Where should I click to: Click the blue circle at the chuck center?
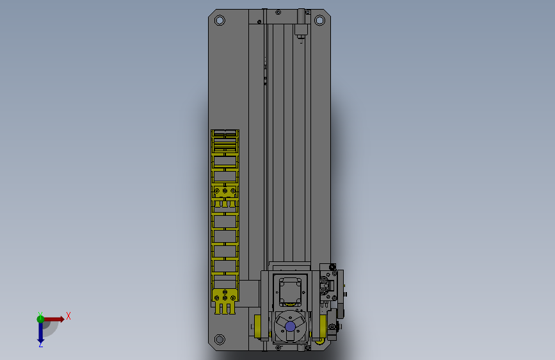(x=290, y=326)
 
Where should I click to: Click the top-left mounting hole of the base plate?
(x=220, y=20)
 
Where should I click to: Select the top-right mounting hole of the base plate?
(x=319, y=20)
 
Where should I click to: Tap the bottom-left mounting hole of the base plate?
(x=220, y=340)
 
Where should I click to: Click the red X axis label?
(x=68, y=316)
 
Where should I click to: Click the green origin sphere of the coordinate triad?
(x=40, y=319)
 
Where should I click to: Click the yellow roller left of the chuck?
(x=258, y=327)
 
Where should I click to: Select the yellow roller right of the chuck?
(x=323, y=327)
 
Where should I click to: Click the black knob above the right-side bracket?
(x=332, y=267)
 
